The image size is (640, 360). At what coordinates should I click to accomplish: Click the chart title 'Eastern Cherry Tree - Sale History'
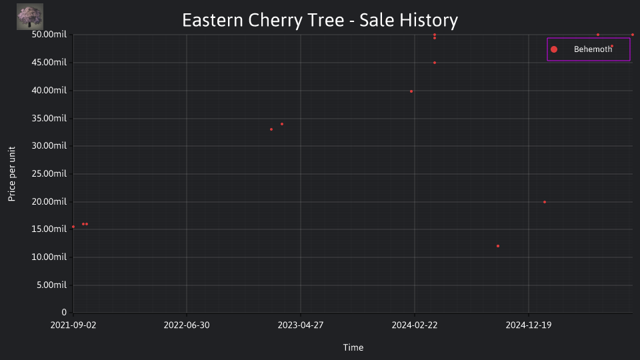click(320, 20)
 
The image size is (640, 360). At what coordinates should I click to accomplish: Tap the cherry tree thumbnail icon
click(30, 17)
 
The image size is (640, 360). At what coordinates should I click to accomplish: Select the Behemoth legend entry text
click(593, 49)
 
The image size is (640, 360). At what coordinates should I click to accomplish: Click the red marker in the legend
click(554, 49)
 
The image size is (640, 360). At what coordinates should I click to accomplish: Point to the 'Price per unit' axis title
click(11, 174)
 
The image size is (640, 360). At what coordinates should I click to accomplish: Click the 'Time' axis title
click(353, 347)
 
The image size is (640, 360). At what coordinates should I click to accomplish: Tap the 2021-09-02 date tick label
click(73, 325)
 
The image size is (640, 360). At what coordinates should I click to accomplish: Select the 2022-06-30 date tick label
click(187, 325)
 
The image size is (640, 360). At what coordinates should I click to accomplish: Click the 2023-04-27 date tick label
click(301, 325)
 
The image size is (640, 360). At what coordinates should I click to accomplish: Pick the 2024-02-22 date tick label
click(414, 325)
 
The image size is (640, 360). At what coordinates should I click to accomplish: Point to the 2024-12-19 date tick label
click(529, 325)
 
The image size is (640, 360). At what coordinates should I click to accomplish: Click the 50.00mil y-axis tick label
click(49, 34)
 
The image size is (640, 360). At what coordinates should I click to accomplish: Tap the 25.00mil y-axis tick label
click(49, 173)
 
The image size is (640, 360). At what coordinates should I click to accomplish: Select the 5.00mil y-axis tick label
click(51, 285)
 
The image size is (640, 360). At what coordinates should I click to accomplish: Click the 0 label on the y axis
click(64, 312)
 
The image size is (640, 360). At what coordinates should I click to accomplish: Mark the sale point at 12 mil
click(498, 246)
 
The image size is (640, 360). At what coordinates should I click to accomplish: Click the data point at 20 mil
click(545, 202)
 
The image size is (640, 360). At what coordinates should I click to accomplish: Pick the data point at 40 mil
click(411, 91)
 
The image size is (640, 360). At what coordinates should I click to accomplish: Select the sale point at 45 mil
click(435, 63)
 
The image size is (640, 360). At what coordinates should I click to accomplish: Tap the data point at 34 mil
click(282, 124)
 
